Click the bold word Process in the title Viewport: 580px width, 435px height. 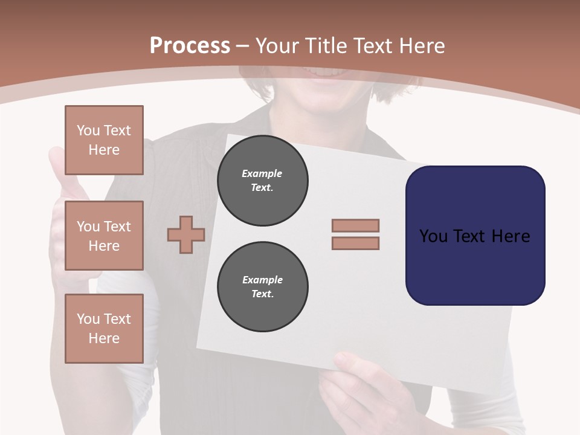click(x=190, y=46)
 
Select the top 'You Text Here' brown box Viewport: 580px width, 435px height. click(x=104, y=140)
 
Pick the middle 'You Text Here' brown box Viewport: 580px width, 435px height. click(x=104, y=236)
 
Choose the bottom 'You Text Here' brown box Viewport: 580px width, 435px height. click(x=104, y=329)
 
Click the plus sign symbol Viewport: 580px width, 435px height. click(x=186, y=235)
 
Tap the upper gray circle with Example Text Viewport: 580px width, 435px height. click(x=262, y=181)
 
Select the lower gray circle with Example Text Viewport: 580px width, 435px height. click(x=262, y=287)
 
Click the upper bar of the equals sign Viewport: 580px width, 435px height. click(x=355, y=225)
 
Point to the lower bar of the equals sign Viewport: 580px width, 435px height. click(x=355, y=243)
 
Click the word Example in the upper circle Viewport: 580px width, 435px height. click(x=262, y=173)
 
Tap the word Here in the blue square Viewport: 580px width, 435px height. click(x=511, y=236)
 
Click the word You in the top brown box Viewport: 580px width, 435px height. click(x=88, y=130)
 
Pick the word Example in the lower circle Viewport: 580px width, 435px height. click(x=262, y=280)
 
